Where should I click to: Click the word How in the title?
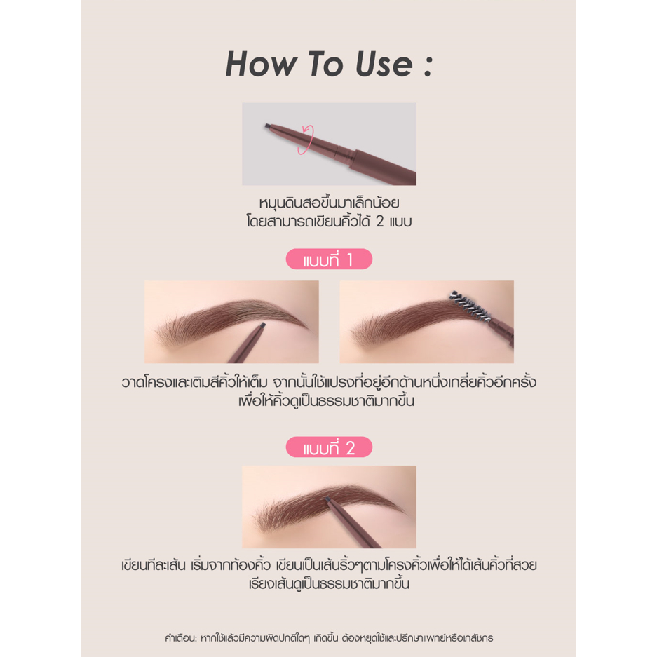coord(261,64)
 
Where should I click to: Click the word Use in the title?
coord(384,64)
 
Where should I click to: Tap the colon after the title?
coord(428,66)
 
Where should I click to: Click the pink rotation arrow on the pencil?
coord(306,140)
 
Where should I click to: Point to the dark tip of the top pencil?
coord(267,126)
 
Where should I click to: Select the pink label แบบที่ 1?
coord(329,259)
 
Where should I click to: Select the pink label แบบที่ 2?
coord(329,447)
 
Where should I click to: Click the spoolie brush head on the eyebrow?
coord(469,305)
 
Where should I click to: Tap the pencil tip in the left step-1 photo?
coord(262,325)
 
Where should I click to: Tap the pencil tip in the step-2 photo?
coord(327,499)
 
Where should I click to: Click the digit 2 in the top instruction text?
coord(379,222)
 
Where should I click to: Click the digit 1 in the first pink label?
coord(349,260)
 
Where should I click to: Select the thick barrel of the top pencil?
coord(381,165)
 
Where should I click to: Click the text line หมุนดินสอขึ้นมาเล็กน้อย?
coord(329,203)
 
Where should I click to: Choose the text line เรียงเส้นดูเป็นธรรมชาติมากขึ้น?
coord(329,583)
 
